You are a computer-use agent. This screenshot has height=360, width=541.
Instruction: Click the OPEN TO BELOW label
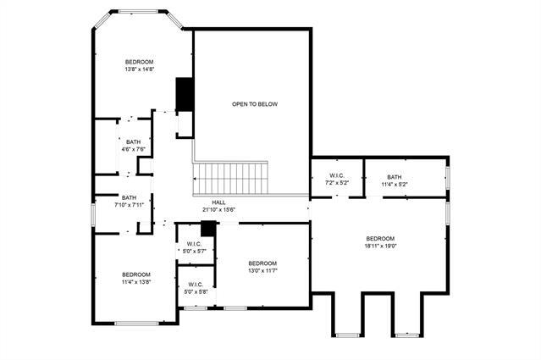coord(254,104)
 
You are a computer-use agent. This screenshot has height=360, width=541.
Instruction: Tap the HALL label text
coord(218,202)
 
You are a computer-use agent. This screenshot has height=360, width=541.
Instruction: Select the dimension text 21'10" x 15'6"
coord(218,209)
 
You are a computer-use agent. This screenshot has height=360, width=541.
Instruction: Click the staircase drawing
coord(230,178)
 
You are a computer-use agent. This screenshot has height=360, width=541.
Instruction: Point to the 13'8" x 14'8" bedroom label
coord(140,66)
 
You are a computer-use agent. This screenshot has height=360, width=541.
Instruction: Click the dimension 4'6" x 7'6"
coord(134,149)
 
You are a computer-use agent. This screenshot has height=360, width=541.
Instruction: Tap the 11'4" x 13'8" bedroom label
coord(135,278)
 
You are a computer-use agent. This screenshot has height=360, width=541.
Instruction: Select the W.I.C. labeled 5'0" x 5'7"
coord(194,247)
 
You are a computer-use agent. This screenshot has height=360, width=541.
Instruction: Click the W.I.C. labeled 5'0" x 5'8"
coord(195,288)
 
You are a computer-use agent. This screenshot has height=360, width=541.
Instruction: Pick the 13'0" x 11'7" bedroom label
coord(262,267)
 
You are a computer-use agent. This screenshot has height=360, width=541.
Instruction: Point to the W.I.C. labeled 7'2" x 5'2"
coord(339,180)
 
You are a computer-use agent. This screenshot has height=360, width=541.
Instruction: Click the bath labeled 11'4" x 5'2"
coord(395,180)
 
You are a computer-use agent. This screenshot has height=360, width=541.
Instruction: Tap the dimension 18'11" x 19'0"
coord(381,246)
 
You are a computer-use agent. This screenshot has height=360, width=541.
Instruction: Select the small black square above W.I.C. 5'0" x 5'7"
coord(207,229)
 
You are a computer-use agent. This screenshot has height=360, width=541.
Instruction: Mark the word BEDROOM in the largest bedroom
coord(381,239)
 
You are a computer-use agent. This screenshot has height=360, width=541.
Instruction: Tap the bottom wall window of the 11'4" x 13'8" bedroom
coord(135,323)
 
